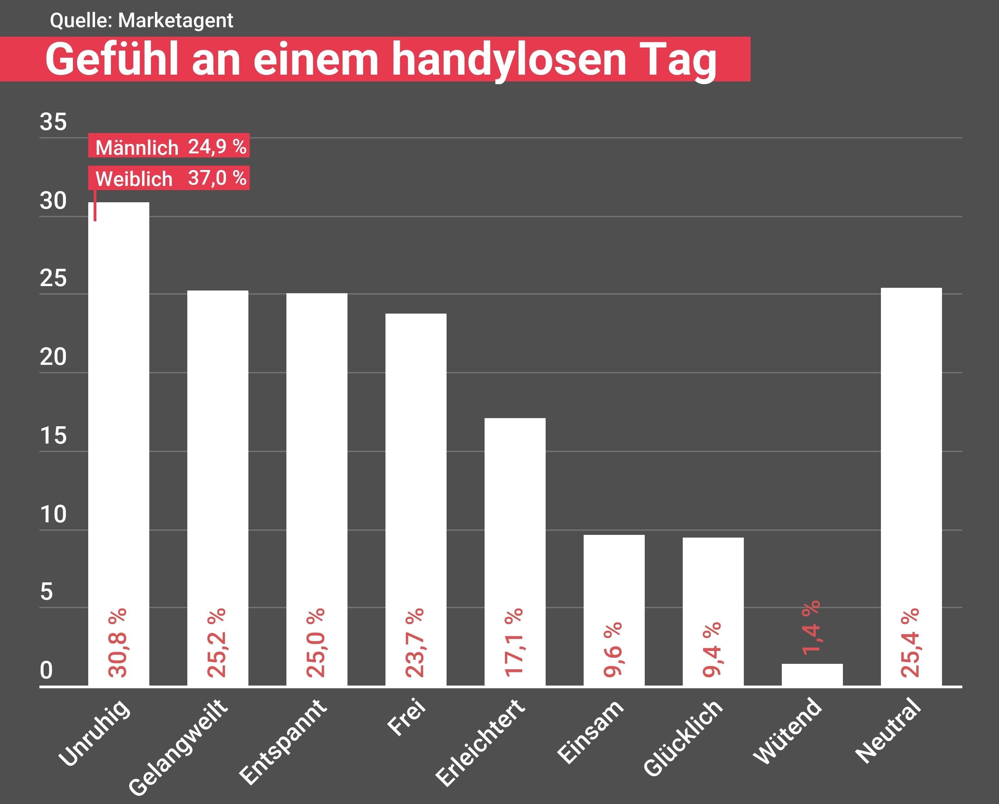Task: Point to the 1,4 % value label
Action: click(811, 628)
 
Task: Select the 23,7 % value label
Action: click(415, 643)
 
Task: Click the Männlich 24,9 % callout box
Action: click(169, 146)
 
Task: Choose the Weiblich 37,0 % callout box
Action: click(169, 178)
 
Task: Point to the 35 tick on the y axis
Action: click(53, 122)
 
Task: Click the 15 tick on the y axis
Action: click(53, 435)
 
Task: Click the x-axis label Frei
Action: click(407, 717)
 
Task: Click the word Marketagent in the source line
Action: click(176, 21)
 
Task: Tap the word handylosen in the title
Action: click(509, 59)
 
